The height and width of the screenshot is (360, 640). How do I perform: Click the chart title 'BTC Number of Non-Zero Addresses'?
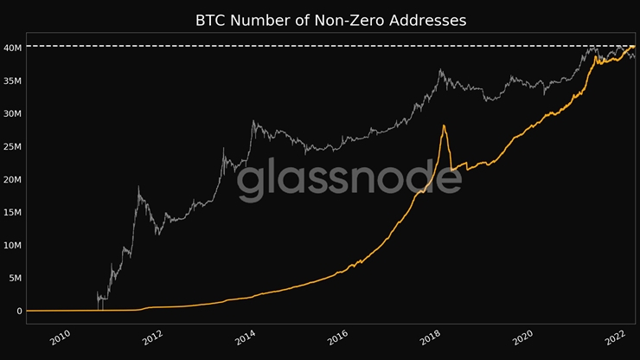click(331, 20)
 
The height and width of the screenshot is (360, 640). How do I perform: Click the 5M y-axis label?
click(14, 278)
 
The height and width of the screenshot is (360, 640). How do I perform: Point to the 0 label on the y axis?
click(17, 311)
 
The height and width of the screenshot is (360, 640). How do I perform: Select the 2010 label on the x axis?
click(60, 337)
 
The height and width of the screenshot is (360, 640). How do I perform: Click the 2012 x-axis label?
click(152, 337)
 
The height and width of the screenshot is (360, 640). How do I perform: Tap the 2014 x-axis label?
click(245, 337)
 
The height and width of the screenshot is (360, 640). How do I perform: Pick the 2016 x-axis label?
click(337, 337)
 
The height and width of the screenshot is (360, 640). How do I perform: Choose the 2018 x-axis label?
click(430, 337)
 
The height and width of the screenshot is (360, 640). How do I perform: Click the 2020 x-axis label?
click(522, 337)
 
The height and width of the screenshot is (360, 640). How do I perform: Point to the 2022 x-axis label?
click(615, 337)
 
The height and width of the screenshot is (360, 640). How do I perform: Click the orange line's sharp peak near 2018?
click(444, 126)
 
